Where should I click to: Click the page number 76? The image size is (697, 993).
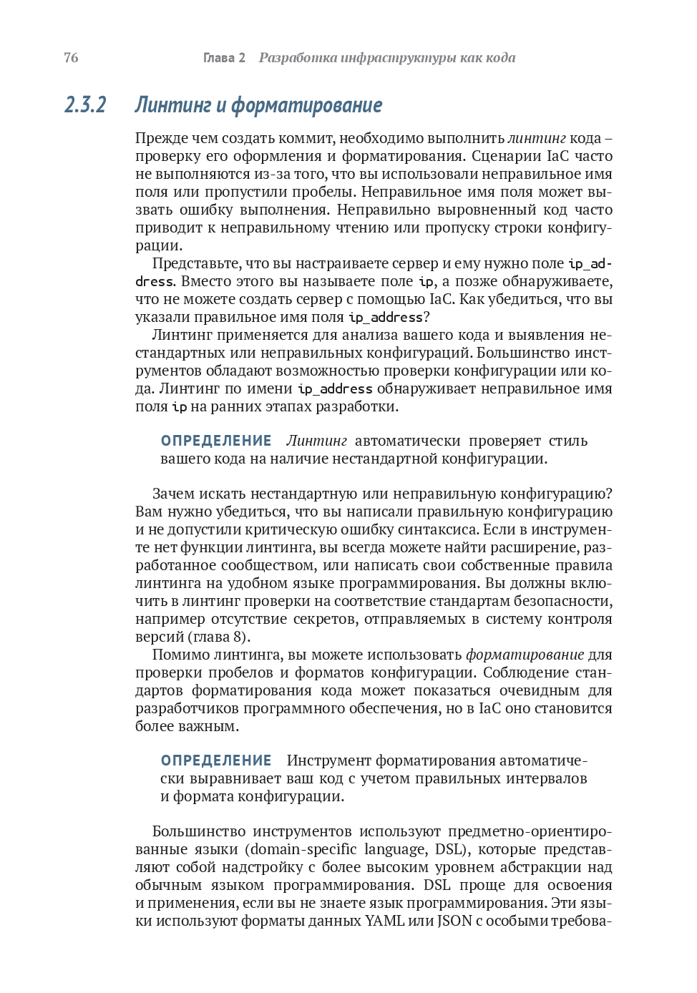pos(71,58)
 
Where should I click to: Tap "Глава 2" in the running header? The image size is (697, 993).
pos(224,58)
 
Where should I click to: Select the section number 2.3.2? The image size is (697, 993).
pos(85,105)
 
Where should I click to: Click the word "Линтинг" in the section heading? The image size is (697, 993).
pos(173,105)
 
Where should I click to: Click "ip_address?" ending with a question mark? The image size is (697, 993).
pos(389,317)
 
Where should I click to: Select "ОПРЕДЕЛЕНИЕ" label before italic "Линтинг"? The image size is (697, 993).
pos(216,441)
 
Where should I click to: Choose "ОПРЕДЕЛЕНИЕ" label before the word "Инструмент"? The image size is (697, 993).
pos(216,760)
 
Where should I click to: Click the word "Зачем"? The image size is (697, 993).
pos(173,494)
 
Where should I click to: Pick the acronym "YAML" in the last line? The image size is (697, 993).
pos(385,921)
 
